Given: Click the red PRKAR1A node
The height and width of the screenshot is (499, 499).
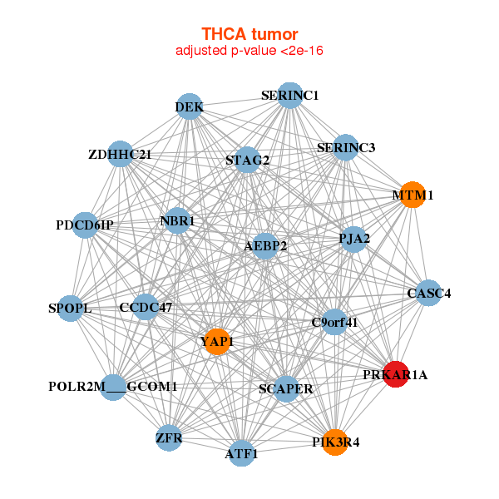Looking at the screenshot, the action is click(395, 374).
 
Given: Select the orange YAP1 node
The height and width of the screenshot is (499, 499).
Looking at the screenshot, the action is click(216, 342).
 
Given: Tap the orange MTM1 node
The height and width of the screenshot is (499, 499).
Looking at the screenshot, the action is click(413, 195).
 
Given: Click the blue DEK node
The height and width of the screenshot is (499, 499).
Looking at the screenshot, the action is click(190, 106).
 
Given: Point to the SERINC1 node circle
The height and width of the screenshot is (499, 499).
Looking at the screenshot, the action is click(289, 96).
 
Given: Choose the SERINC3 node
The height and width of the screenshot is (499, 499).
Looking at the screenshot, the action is click(345, 147).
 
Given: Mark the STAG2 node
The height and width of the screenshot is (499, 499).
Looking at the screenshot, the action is click(247, 160).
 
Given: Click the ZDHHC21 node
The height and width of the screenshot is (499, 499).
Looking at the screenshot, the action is click(121, 154).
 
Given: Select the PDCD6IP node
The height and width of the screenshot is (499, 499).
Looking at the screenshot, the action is click(86, 225).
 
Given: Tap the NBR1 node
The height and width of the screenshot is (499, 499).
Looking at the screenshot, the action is click(177, 221).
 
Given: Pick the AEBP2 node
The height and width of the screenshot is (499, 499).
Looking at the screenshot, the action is click(265, 246).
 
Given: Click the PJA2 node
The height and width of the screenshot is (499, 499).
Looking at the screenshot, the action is click(353, 240).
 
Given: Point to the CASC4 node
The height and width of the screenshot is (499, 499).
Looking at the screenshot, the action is click(428, 293).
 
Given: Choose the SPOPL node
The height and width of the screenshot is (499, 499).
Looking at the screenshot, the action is click(71, 309).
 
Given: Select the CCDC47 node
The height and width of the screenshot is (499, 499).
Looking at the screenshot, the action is click(146, 308).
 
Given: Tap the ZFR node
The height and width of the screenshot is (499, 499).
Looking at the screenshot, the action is click(169, 437).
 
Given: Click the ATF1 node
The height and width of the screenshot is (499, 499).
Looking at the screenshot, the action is click(241, 453).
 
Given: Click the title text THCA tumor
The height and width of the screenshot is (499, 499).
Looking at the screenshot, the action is click(249, 34).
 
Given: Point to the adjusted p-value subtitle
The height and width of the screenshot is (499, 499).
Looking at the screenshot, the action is click(249, 51).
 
